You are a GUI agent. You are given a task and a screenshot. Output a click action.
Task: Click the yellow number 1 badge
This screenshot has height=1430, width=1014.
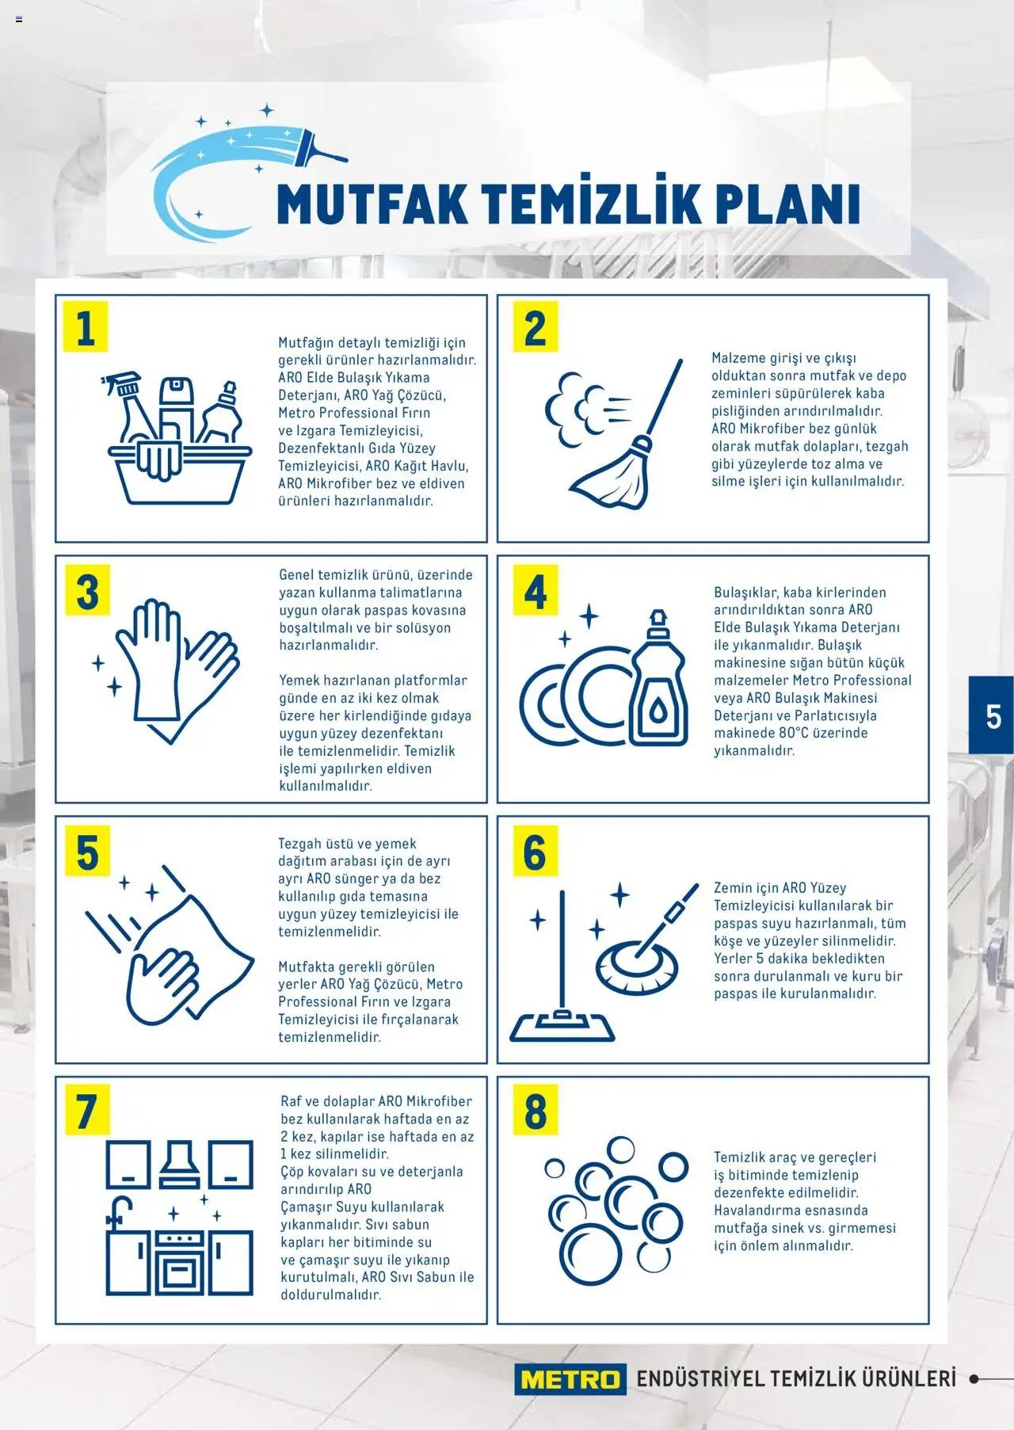86,326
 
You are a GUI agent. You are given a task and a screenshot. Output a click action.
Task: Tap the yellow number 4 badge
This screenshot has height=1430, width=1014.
536,590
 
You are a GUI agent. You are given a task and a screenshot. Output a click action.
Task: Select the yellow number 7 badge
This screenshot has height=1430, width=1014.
87,1110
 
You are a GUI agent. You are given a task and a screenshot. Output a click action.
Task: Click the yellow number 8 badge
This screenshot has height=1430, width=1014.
536,1110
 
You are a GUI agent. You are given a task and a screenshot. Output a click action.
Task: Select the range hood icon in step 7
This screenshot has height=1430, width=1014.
180,1165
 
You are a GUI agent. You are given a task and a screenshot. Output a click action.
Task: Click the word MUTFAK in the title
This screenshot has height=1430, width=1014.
372,204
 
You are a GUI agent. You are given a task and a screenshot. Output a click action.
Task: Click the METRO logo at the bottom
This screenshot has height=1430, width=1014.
570,1379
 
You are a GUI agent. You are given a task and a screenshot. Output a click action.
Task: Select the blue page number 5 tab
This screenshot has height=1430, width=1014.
992,715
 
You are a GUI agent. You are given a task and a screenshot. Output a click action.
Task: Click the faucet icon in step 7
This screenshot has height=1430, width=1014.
119,1212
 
